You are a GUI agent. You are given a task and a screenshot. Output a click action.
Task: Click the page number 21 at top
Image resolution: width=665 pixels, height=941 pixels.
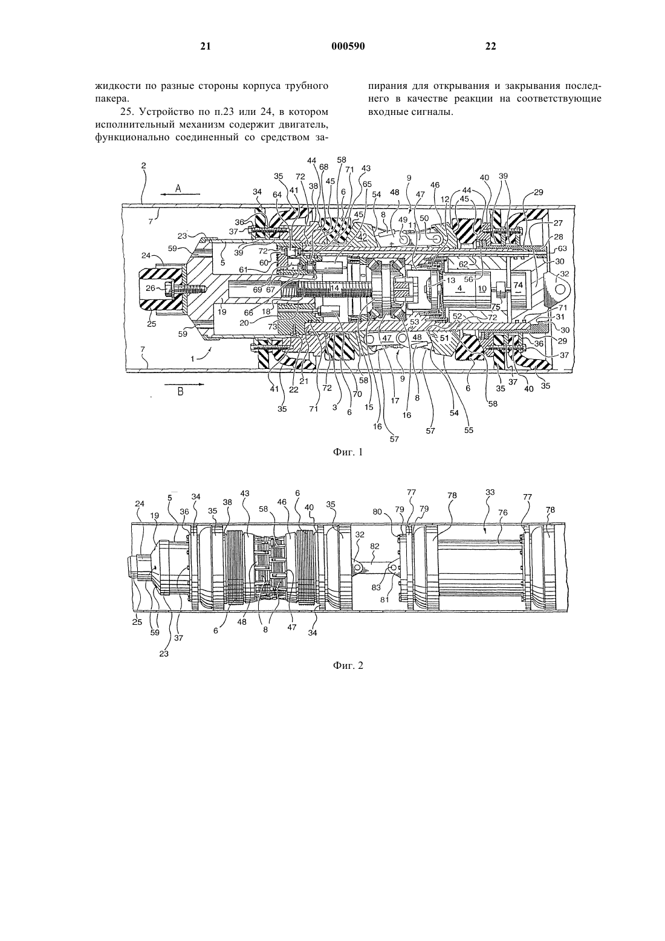coord(206,47)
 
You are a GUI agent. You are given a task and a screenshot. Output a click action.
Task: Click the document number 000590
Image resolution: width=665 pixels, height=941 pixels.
coord(348,47)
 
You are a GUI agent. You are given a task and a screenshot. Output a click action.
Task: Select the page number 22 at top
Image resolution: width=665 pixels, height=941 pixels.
coord(490,47)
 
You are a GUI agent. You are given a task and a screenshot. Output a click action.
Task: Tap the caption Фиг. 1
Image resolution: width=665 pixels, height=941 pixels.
coord(348,452)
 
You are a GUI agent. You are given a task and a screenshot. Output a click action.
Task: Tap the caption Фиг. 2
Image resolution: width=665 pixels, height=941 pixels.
coord(348,666)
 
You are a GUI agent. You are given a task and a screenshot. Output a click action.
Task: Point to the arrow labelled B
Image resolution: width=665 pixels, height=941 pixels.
coord(183,383)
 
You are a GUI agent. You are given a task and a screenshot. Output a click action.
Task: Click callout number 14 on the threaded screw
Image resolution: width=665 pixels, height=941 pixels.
coord(334,288)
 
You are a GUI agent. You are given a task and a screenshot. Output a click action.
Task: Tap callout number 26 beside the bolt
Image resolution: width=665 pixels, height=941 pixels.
coord(150,288)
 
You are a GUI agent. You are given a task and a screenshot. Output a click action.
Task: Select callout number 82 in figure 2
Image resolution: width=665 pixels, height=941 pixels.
coord(374,546)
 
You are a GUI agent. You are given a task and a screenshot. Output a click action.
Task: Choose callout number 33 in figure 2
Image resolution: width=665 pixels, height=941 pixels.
coord(490,492)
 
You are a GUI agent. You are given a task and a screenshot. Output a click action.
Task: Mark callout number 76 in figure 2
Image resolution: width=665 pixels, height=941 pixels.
coord(502,512)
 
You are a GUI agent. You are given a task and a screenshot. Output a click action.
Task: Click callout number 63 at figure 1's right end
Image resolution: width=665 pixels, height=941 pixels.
coord(562,249)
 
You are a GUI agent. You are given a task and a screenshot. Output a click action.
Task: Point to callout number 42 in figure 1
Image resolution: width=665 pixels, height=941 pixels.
coord(362,236)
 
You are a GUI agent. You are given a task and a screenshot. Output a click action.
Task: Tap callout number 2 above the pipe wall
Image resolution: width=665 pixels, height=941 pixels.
coord(144,166)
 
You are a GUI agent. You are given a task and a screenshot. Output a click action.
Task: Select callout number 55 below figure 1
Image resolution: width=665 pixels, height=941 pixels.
coord(469,430)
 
